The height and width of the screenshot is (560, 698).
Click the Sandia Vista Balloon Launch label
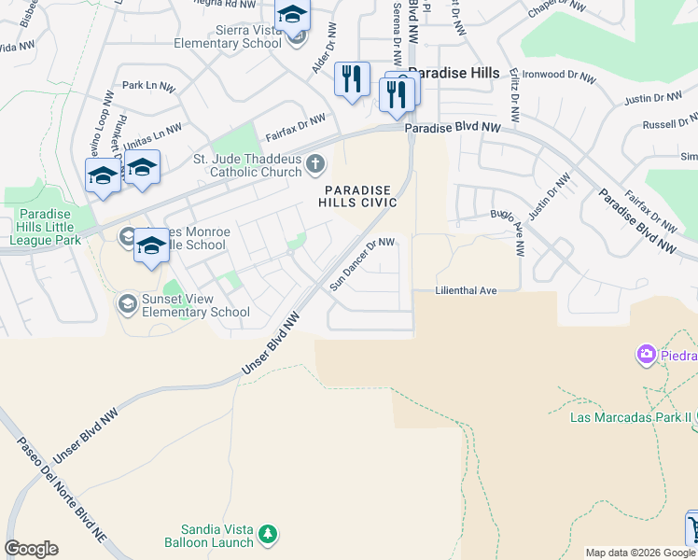209,535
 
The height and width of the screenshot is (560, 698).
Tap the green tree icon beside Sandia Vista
268,534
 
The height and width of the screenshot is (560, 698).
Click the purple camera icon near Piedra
645,355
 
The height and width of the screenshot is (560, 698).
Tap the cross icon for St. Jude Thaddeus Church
315,165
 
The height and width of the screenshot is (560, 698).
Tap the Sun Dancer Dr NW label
363,264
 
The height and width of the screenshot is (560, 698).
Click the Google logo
31,549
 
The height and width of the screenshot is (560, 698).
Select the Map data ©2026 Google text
639,553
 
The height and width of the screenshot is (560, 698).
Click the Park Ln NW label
148,86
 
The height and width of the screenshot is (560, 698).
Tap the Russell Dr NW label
670,121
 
